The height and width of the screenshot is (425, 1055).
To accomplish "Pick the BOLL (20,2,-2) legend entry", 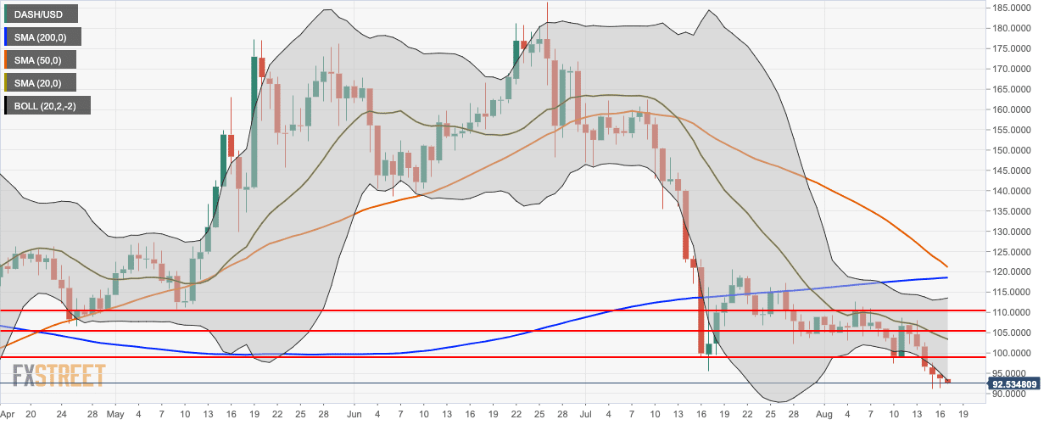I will pos(47,106).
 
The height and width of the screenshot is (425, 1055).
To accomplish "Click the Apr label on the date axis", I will pos(7,415).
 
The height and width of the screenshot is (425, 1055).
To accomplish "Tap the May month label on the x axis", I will pos(115,415).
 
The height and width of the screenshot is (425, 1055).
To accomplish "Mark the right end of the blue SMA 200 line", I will pos(947,277).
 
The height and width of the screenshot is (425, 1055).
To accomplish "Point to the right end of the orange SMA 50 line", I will pos(947,266).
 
